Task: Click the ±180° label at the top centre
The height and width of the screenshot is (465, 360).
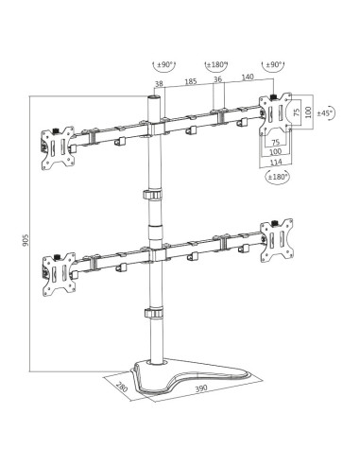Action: point(216,64)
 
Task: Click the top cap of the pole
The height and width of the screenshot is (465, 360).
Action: point(149,97)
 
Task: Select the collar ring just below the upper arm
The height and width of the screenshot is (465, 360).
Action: point(150,195)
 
